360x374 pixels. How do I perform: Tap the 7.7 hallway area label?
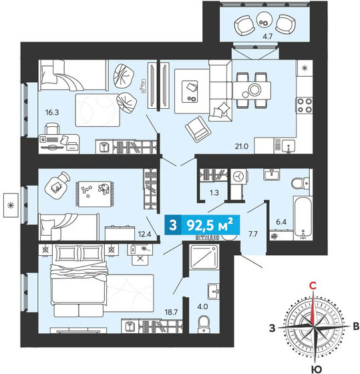253,235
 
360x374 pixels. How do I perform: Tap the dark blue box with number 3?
173,226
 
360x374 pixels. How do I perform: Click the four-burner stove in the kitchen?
305,104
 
